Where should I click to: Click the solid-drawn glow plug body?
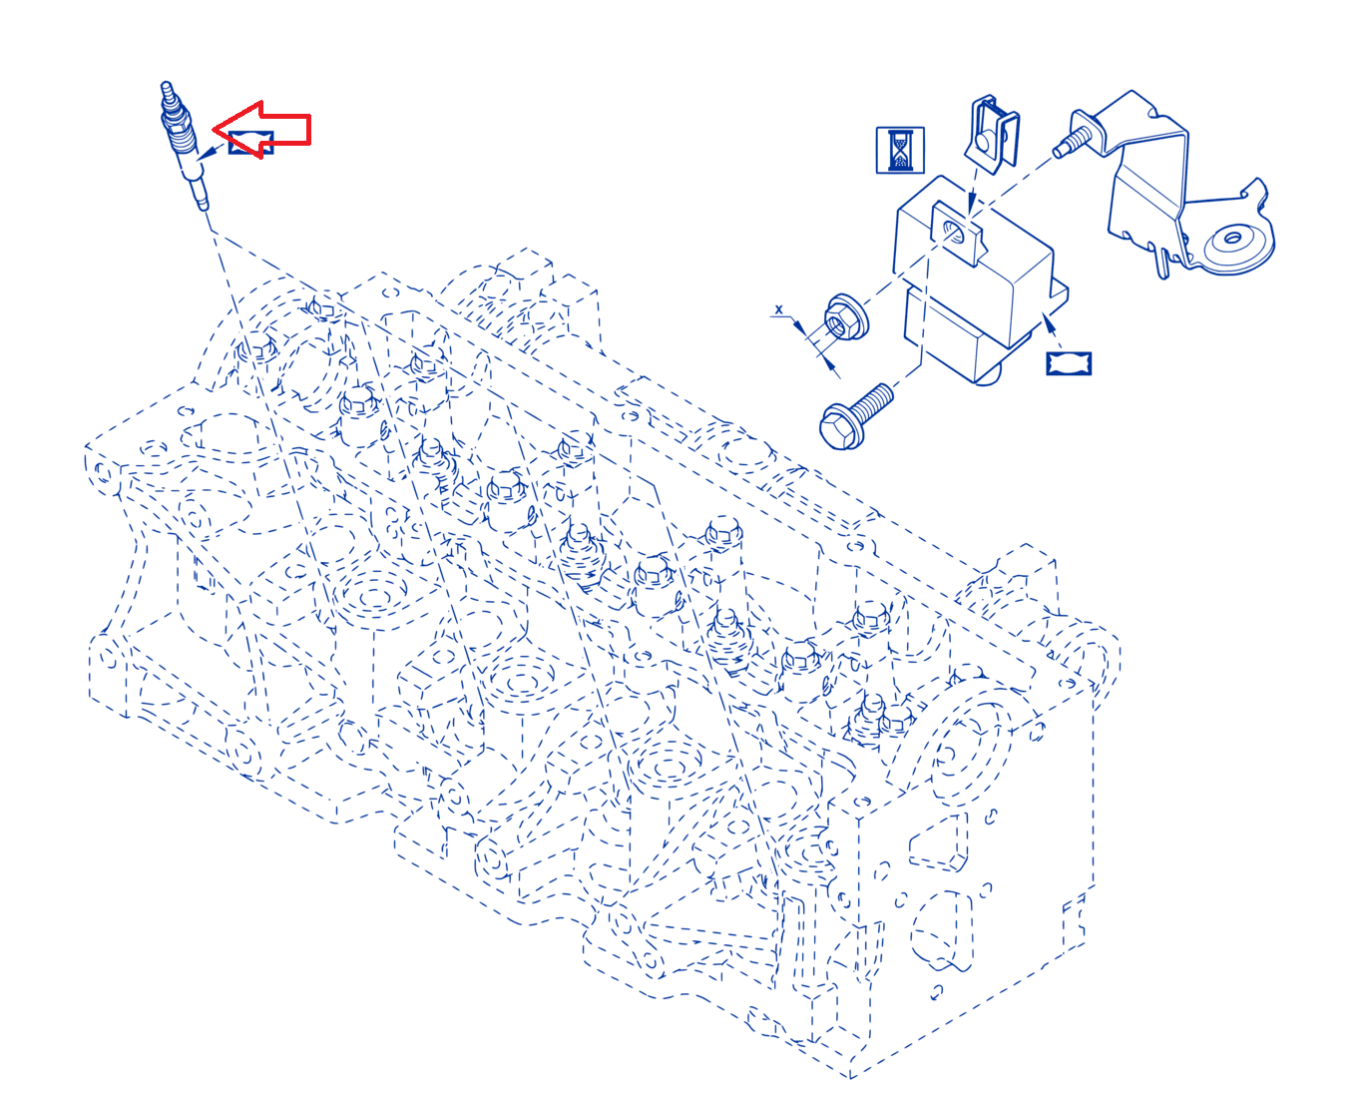coord(183,145)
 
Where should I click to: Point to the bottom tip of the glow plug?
coord(204,207)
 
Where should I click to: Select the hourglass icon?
coord(900,151)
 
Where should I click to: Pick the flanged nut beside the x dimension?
coord(846,316)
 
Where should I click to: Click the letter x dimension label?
coord(779,309)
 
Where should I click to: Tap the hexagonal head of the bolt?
coord(841,427)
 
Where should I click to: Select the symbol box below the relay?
coord(1069,363)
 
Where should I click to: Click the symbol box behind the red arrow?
coord(251,143)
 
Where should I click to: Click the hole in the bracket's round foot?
coord(1232,239)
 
